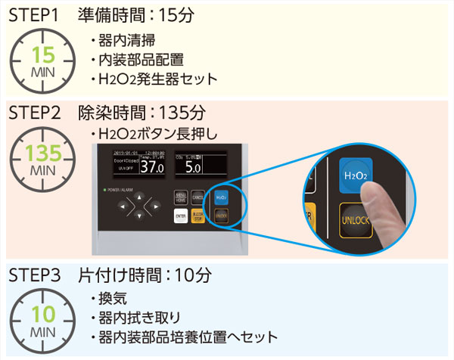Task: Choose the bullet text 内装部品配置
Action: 141,59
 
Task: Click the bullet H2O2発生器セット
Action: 157,78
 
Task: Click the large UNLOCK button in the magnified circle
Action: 357,220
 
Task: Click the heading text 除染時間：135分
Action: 141,113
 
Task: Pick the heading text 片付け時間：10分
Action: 144,274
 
